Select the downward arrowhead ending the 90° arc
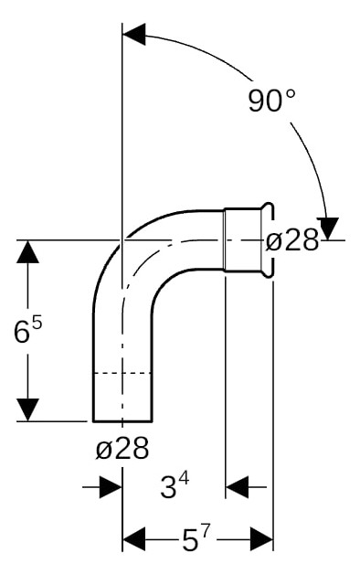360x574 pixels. click(329, 229)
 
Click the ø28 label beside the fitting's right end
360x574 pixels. click(291, 241)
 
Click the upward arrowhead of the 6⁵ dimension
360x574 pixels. click(29, 253)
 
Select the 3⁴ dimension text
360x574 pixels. click(175, 486)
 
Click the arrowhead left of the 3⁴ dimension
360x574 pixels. click(111, 486)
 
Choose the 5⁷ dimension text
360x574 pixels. click(196, 539)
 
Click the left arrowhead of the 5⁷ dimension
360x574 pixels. click(134, 539)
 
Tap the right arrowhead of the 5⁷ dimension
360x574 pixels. click(261, 539)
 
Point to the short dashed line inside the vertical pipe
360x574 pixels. click(122, 373)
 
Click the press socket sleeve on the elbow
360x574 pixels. click(244, 239)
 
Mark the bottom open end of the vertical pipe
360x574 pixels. click(122, 421)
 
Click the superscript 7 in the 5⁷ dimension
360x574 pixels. click(207, 530)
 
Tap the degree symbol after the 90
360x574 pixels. click(290, 93)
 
